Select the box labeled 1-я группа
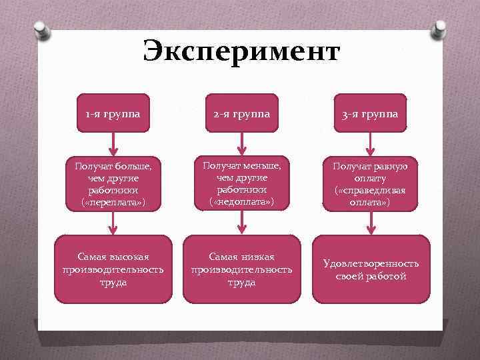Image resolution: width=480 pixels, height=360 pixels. point(113,113)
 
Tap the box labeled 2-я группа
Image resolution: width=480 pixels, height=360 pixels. point(241,113)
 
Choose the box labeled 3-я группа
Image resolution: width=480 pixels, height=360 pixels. point(371,113)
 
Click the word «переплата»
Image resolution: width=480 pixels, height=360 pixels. point(113,201)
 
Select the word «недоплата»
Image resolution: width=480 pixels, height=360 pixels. point(241,201)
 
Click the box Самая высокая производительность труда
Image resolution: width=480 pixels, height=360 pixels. point(113,269)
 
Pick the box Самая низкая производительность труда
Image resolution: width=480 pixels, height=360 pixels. point(241,269)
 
